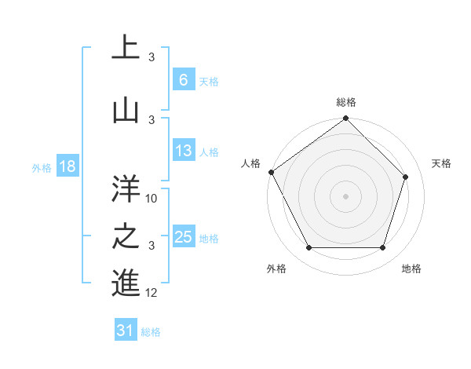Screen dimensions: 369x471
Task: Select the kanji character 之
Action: click(x=126, y=235)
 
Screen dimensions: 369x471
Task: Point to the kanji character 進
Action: click(x=126, y=282)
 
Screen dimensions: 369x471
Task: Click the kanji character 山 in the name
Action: click(x=126, y=110)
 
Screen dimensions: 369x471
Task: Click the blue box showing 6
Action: click(x=183, y=79)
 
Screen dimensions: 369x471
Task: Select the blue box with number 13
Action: click(x=183, y=151)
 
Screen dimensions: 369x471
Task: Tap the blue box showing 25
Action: click(x=183, y=237)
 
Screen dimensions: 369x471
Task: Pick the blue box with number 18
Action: click(x=67, y=166)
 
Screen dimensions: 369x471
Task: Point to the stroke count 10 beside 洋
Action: click(x=152, y=198)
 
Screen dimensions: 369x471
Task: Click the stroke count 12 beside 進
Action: click(x=152, y=292)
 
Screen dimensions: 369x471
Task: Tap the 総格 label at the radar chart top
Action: click(x=346, y=102)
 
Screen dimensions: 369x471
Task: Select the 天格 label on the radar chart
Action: click(x=442, y=163)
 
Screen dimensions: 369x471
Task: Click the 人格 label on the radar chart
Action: click(x=250, y=163)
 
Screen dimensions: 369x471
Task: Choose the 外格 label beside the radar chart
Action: click(x=276, y=269)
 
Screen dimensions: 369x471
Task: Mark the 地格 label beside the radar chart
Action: click(x=411, y=269)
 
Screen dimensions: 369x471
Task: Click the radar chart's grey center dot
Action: click(x=345, y=195)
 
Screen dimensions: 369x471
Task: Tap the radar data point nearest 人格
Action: click(x=271, y=172)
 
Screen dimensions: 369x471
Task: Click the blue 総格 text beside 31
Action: click(x=151, y=332)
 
